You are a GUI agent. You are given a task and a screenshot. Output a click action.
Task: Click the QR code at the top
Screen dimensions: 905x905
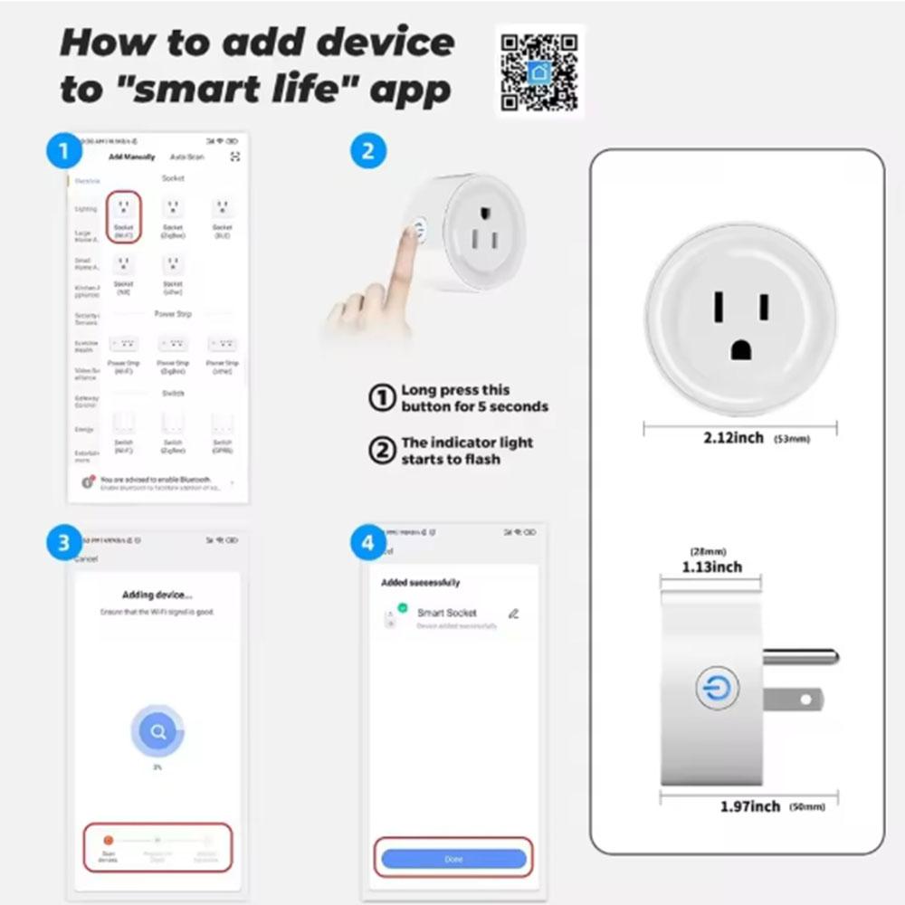coord(539,71)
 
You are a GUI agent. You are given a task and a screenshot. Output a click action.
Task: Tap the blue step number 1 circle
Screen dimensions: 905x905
coord(64,151)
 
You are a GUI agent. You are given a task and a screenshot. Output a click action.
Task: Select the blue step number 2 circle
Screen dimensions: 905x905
coord(367,151)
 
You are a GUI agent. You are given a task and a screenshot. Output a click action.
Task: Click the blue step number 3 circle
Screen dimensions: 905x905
coord(64,544)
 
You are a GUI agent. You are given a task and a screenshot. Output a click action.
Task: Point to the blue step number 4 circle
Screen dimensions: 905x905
coord(367,544)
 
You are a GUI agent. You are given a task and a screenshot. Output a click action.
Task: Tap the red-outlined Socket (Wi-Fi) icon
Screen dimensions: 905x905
coord(124,216)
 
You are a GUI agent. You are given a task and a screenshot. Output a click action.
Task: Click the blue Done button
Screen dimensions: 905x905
coord(453,859)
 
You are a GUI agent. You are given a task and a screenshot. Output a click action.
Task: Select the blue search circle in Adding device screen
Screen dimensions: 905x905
coord(157,731)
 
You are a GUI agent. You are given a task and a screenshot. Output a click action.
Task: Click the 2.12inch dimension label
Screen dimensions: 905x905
coord(734,438)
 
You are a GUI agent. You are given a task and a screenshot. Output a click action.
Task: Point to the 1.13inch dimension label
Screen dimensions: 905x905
coord(711,567)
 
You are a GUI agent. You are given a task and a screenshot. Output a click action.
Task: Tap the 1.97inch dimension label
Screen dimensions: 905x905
coord(750,806)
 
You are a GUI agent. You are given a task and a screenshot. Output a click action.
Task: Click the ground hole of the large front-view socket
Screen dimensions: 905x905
coord(741,350)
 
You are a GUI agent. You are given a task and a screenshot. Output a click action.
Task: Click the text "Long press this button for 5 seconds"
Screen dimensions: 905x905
coord(474,398)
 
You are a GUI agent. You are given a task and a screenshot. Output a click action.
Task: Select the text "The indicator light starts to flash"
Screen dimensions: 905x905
coord(467,451)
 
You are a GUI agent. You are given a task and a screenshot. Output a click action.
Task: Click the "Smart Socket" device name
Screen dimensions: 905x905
coord(446,613)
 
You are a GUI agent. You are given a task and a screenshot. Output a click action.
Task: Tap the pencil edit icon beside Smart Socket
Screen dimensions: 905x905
coord(514,614)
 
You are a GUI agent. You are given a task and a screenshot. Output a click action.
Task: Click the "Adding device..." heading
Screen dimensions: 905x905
coord(157,595)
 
